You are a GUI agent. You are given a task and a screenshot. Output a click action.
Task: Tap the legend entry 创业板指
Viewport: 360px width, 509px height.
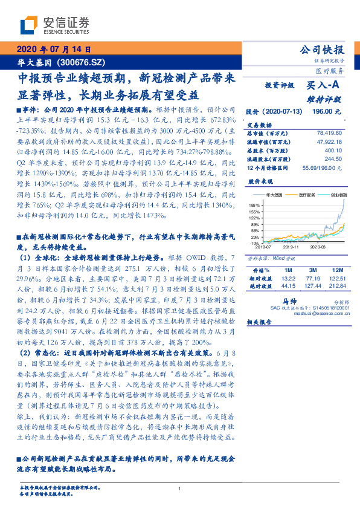tap(338, 195)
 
